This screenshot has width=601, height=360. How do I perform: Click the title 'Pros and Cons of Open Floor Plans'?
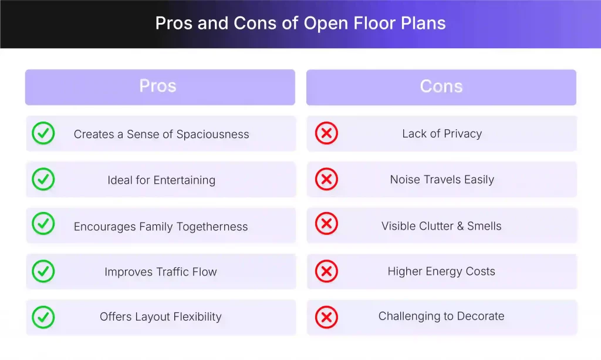(300, 23)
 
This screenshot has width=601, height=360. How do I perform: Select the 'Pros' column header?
(158, 86)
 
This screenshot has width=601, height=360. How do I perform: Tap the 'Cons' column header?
(441, 86)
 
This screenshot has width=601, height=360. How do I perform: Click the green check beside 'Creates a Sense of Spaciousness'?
(43, 133)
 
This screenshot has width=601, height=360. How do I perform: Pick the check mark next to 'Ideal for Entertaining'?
(43, 179)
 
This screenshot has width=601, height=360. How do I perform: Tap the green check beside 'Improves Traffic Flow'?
(43, 271)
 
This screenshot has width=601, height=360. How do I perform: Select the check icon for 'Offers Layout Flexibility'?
(43, 317)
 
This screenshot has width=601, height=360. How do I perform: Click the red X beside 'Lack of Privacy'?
(326, 133)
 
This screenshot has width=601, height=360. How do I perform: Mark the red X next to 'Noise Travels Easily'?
(326, 179)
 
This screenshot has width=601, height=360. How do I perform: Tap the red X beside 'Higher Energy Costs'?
(326, 271)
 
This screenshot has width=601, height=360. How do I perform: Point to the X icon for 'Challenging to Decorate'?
(326, 317)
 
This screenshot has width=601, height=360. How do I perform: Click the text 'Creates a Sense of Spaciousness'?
(161, 134)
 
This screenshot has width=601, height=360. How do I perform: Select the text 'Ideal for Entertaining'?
(161, 180)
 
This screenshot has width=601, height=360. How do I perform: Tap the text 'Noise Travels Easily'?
(442, 180)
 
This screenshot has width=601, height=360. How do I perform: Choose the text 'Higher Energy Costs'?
(441, 271)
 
